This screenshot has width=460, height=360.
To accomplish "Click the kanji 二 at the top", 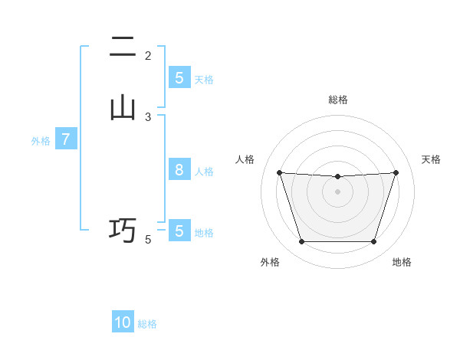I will click(123, 47).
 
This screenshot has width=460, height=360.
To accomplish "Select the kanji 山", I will click(123, 108).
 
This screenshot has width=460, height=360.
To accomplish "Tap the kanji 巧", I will click(123, 229).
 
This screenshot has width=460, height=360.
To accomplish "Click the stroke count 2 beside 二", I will click(148, 56).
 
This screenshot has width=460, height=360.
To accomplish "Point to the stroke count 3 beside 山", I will click(148, 117).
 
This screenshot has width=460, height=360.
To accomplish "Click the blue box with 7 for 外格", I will click(66, 139).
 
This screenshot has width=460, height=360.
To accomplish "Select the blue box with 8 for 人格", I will click(179, 170).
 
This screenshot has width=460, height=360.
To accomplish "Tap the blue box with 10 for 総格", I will click(123, 322).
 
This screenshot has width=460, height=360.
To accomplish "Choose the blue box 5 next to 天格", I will click(179, 78).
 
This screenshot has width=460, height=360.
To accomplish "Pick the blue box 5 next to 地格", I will click(179, 231).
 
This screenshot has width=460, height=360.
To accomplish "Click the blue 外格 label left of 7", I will click(40, 141).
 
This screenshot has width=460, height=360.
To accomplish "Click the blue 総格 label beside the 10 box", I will click(147, 324).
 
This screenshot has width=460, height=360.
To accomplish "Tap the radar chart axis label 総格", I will click(338, 100).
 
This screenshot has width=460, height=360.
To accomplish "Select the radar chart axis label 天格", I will click(431, 159).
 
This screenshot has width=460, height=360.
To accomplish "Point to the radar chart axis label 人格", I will click(245, 159).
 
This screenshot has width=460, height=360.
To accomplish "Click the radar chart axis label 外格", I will click(270, 262).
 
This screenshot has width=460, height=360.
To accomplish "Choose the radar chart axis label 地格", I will click(402, 262).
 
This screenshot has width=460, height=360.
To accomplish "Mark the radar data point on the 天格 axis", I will click(396, 172).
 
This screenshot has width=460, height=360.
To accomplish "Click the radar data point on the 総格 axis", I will click(338, 177).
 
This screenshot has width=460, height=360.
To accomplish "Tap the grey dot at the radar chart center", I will click(338, 191).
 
